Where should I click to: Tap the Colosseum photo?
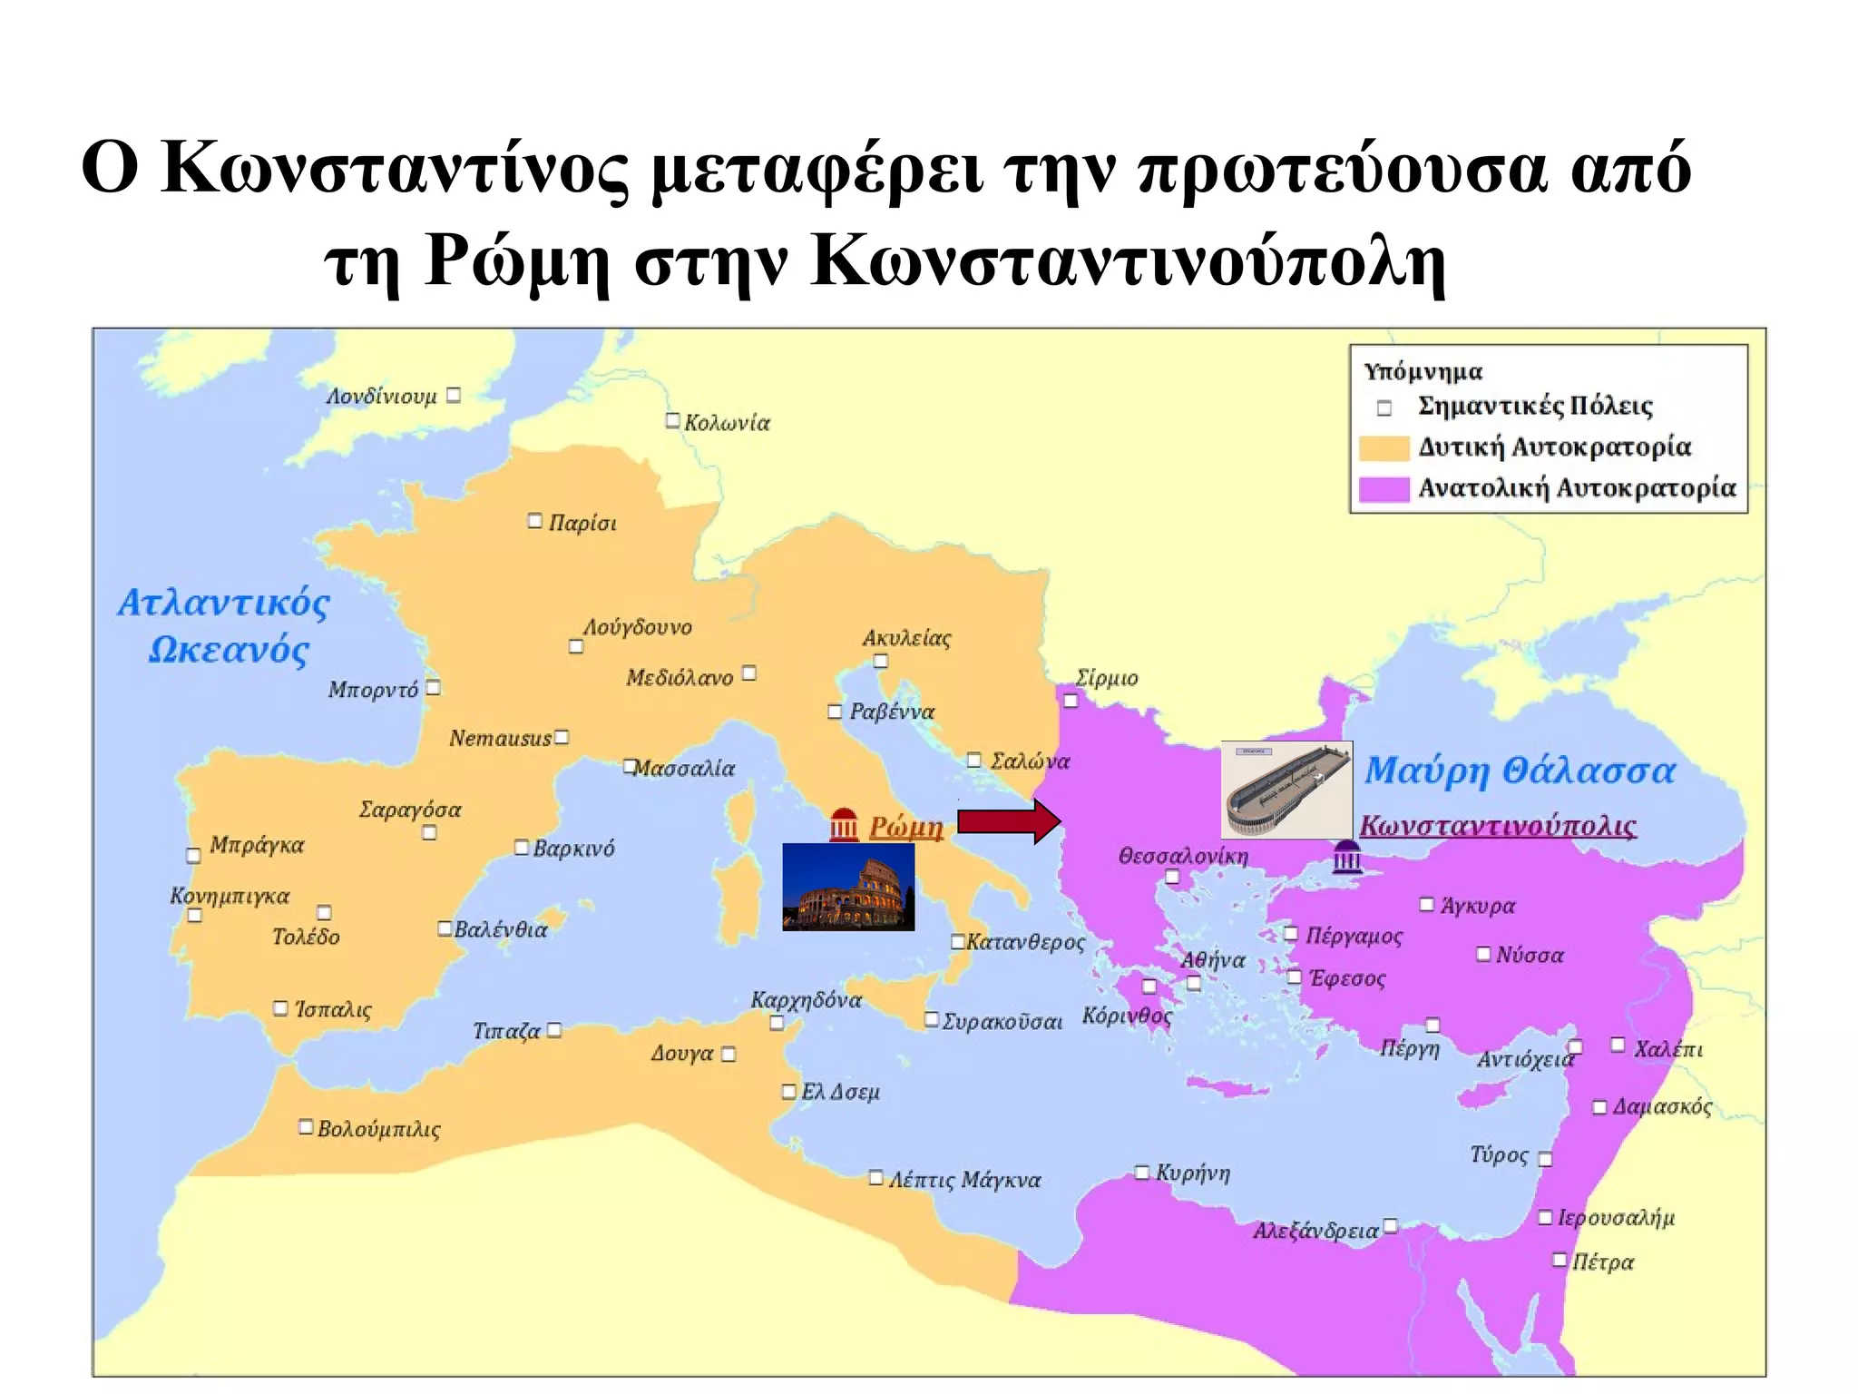tap(848, 887)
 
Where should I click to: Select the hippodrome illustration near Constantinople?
tap(1286, 789)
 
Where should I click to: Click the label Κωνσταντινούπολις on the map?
tap(1498, 825)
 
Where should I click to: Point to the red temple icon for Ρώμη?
tap(844, 825)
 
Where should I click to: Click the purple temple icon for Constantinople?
tap(1347, 857)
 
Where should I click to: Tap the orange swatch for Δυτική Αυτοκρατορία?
tap(1384, 447)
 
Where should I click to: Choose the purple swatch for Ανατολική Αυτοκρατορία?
tap(1384, 489)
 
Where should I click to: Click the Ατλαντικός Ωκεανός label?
tap(225, 626)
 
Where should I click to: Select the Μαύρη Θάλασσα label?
tap(1520, 771)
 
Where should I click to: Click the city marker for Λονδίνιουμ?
tap(454, 395)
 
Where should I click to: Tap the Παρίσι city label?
tap(582, 523)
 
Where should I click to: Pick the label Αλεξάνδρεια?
tap(1315, 1232)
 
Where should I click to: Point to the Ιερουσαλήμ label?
tap(1616, 1217)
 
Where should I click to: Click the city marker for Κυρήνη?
tap(1142, 1173)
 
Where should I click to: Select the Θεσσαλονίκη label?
tap(1183, 856)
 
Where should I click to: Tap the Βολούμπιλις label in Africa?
tap(378, 1129)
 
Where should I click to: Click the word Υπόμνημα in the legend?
tap(1423, 371)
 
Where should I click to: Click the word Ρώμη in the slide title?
tap(516, 262)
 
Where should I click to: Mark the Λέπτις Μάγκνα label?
tap(963, 1180)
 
